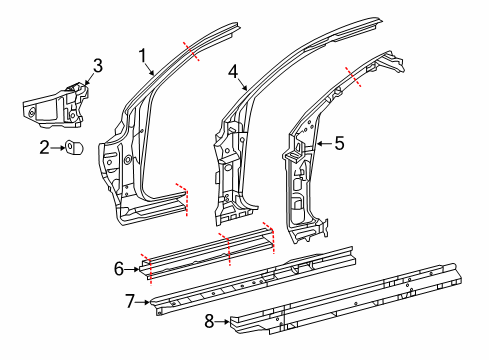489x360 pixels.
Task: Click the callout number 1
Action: [x=143, y=56]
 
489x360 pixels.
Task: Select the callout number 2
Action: [x=45, y=147]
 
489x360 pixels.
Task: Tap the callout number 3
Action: [x=98, y=66]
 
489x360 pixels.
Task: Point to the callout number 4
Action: [x=233, y=72]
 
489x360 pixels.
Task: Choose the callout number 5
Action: [x=339, y=143]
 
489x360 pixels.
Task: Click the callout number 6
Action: [x=119, y=269]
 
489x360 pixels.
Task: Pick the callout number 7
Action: [x=131, y=301]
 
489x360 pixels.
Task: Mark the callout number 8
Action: [x=209, y=321]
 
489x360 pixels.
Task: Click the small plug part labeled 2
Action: [x=74, y=147]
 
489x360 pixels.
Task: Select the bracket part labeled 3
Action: [x=55, y=105]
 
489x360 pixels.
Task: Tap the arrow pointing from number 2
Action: [x=59, y=147]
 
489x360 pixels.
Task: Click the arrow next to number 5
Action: [x=324, y=143]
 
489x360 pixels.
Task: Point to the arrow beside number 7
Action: [x=143, y=302]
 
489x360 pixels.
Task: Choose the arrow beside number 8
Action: [x=222, y=321]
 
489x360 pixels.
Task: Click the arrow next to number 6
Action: [x=132, y=269]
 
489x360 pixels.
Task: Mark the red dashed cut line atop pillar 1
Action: [x=191, y=51]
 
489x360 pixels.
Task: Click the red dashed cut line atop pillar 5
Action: [x=353, y=77]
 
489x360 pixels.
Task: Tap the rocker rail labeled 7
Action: [x=253, y=281]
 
